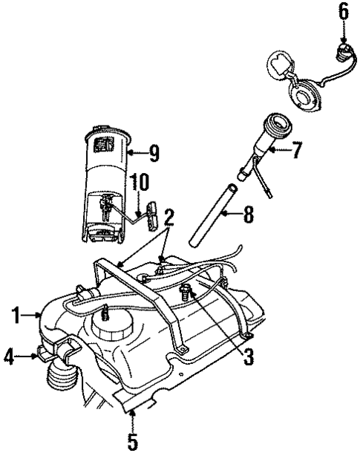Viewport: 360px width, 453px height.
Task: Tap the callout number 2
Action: pos(170,217)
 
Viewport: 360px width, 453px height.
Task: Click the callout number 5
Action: pos(133,441)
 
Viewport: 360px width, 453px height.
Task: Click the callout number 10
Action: pos(139,183)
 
